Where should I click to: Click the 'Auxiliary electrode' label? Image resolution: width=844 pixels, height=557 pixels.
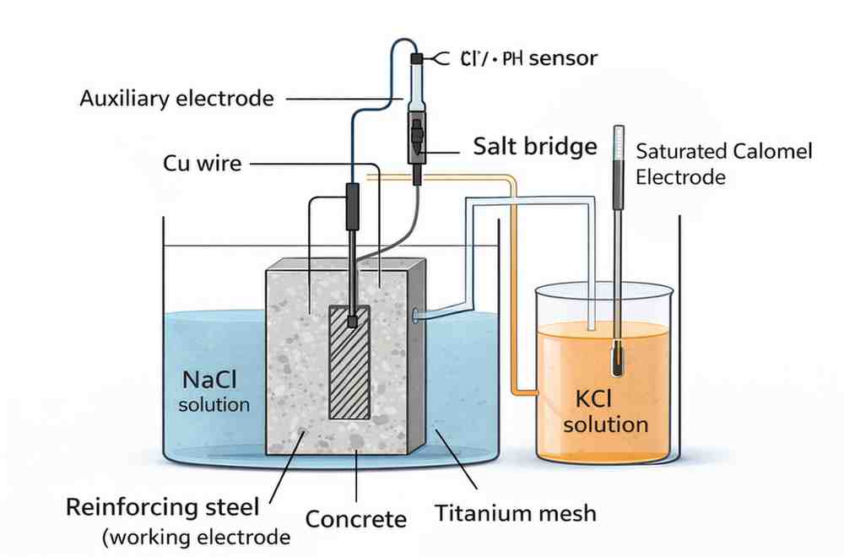coord(176,98)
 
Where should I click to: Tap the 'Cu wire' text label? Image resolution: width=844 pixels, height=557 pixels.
coord(202,162)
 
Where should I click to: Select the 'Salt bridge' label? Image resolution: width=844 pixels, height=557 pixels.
coord(535,147)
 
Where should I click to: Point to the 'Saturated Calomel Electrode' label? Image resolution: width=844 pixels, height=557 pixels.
coord(723,164)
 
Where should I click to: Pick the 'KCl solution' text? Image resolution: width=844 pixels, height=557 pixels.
coord(605,410)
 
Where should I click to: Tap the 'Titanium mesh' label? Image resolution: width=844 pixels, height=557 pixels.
coord(515,512)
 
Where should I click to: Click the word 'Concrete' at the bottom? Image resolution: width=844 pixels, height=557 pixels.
coord(355,518)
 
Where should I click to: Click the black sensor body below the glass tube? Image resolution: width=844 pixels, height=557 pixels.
coord(416,139)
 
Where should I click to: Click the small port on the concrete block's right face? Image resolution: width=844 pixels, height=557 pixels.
coord(414,316)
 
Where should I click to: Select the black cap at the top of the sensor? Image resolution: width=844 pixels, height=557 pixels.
coord(416,59)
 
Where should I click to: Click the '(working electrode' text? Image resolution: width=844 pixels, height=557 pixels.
coord(196,537)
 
